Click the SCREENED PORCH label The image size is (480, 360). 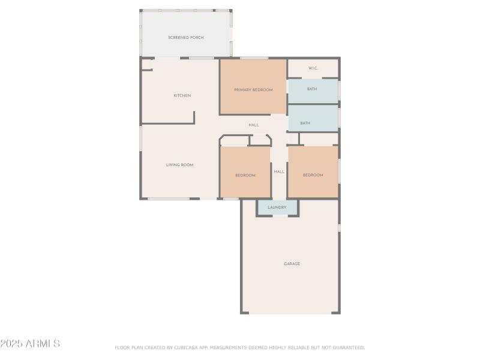coord(185,37)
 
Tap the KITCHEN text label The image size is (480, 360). coord(182,95)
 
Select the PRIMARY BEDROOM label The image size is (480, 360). coord(253,90)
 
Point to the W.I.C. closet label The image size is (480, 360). coord(313,68)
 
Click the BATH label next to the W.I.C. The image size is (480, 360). coord(312,89)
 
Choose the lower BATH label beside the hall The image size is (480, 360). coord(305,124)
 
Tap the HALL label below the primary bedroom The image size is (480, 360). coord(254,125)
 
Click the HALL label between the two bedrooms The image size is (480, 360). coord(279,172)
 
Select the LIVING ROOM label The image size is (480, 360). coord(179,164)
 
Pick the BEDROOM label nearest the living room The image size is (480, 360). coord(245,175)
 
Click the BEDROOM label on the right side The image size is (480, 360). coord(313,175)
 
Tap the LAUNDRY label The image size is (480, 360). coord(277,208)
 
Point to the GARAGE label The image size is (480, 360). coord(292,263)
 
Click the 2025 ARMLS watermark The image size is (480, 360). coord(30,344)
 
